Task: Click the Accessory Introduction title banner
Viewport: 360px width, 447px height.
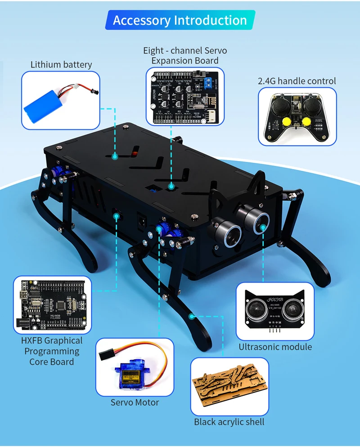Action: (x=180, y=21)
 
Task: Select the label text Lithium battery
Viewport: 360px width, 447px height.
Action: (x=61, y=64)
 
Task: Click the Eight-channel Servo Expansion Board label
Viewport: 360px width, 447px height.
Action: (x=185, y=56)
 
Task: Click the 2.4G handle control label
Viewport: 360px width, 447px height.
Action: (x=297, y=81)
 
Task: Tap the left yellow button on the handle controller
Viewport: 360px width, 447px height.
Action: (x=284, y=123)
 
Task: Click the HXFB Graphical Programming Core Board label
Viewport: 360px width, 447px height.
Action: (x=52, y=351)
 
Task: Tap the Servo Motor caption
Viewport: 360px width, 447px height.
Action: (x=135, y=402)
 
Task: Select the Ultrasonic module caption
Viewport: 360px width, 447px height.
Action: (x=275, y=347)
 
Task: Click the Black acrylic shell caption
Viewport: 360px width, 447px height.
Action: (x=229, y=422)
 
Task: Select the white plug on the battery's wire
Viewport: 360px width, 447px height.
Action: (x=77, y=85)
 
